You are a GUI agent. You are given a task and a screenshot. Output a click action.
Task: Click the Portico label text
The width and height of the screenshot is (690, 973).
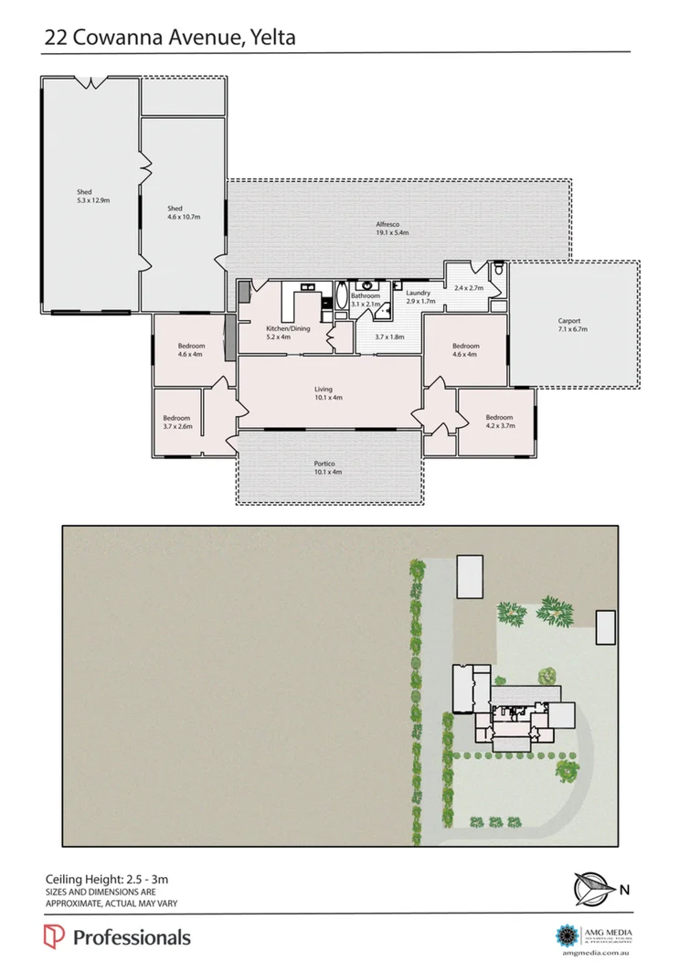coord(328,467)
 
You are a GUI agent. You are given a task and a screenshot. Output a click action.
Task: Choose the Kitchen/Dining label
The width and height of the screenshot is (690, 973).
coord(284,331)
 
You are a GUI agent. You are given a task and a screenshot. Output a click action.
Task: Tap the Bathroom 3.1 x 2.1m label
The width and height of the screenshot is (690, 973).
coord(366,300)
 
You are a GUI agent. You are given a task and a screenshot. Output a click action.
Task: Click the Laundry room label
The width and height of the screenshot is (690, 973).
coord(419,297)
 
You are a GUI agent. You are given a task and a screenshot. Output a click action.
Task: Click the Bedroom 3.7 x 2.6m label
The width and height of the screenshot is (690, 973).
coord(177,422)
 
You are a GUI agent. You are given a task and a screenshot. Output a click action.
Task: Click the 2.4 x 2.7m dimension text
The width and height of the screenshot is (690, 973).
coord(468,288)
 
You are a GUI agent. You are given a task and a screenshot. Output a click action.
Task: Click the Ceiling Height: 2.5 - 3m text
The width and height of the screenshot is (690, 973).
coord(107,880)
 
